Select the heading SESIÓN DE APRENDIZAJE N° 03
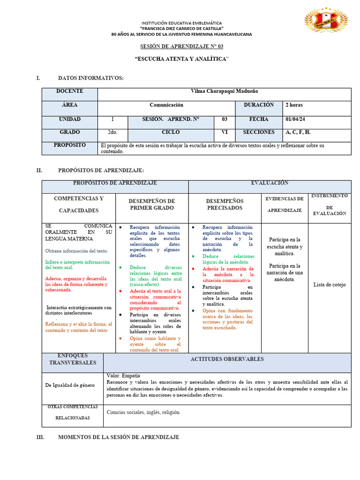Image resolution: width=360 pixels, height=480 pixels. click(x=182, y=46)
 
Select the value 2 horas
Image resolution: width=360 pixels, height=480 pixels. click(x=294, y=105)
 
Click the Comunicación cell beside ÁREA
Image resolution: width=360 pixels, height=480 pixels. click(x=166, y=105)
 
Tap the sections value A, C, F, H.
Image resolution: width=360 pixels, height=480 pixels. click(x=298, y=133)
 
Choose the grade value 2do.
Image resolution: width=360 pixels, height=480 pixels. click(x=112, y=133)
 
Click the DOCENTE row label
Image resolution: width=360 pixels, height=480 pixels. click(x=70, y=91)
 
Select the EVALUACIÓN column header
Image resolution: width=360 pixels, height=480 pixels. click(x=270, y=183)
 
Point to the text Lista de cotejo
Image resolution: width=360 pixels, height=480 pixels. click(x=329, y=285)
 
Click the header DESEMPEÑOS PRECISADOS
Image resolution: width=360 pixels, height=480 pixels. click(x=225, y=204)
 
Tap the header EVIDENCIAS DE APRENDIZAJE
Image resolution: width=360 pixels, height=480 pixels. click(x=285, y=204)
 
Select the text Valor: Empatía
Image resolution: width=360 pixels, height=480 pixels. click(x=123, y=376)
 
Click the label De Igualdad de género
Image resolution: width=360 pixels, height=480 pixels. click(x=70, y=385)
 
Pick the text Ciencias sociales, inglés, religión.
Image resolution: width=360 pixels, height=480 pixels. click(x=143, y=412)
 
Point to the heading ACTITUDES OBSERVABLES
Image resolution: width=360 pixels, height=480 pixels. click(x=227, y=360)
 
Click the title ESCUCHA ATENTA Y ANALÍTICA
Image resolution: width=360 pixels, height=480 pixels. click(x=182, y=59)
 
